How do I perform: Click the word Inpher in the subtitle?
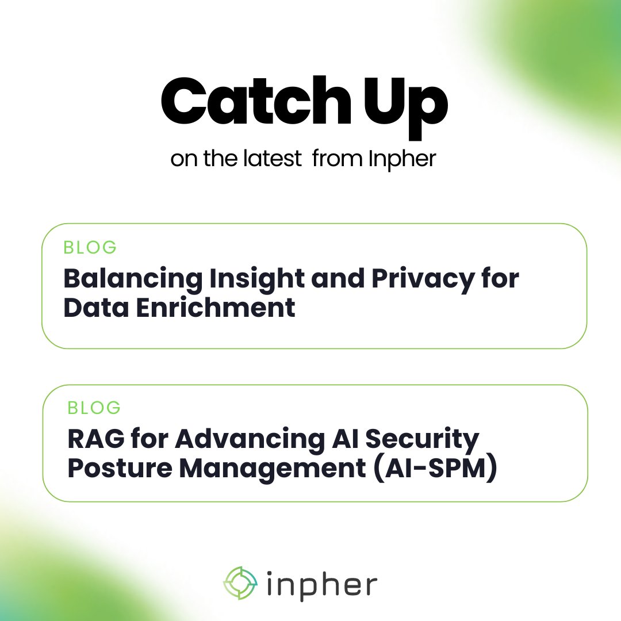(402, 159)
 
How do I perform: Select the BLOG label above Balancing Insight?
(90, 247)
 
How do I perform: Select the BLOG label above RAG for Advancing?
(94, 408)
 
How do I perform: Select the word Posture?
(119, 469)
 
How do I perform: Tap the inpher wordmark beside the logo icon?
(322, 584)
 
